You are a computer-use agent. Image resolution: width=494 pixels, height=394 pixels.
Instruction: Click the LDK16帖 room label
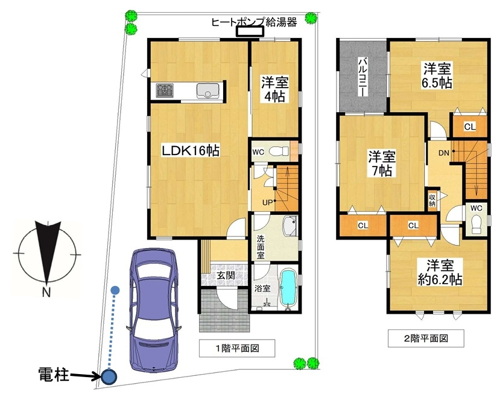click(x=191, y=150)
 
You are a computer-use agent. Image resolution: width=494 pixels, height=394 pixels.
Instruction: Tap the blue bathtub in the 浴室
click(x=288, y=287)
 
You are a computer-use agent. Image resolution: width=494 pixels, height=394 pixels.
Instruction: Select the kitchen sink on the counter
click(x=208, y=91)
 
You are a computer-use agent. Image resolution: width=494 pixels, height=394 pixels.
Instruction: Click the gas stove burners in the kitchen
click(x=165, y=91)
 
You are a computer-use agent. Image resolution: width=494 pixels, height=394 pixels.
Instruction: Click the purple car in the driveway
click(x=153, y=310)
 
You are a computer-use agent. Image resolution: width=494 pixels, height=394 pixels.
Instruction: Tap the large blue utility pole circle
click(x=109, y=376)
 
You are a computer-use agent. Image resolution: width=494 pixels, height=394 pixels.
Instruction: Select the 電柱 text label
click(x=54, y=375)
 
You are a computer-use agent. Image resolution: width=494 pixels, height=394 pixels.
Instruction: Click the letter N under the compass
click(x=46, y=293)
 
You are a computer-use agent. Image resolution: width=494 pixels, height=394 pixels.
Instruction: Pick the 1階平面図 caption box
click(x=237, y=348)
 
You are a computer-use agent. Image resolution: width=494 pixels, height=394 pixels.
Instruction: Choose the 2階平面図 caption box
click(x=426, y=338)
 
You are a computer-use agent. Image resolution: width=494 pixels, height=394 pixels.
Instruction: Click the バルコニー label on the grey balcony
click(x=363, y=77)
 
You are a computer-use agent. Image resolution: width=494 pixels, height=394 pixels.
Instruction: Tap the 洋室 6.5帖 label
click(x=437, y=75)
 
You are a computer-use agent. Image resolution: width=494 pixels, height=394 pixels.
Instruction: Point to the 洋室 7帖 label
click(x=382, y=163)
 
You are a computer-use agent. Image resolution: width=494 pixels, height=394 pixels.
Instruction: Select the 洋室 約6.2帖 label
click(x=440, y=272)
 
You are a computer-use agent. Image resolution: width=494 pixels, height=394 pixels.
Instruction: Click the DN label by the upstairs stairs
click(x=443, y=153)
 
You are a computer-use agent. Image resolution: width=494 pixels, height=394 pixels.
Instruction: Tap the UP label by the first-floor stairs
click(x=267, y=203)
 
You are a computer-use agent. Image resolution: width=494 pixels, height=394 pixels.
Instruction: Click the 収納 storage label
click(x=432, y=200)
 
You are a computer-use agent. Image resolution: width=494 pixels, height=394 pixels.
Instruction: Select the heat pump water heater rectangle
click(x=250, y=31)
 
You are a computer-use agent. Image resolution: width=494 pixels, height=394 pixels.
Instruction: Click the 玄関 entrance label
click(x=226, y=275)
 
